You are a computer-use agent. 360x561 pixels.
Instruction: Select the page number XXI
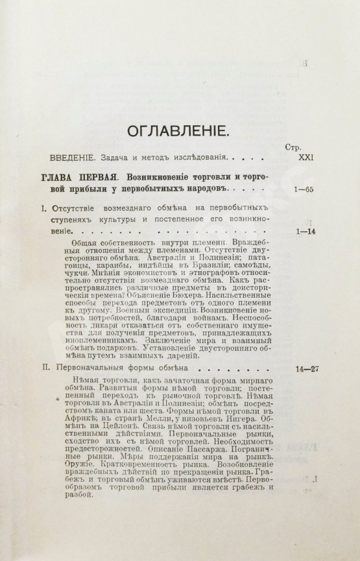(294, 159)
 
